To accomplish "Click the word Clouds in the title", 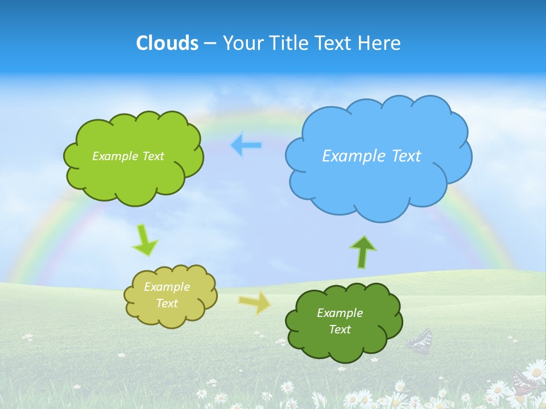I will [x=167, y=43].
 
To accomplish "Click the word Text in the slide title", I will [x=336, y=43].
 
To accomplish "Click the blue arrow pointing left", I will [x=246, y=145].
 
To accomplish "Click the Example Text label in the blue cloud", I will [x=371, y=156].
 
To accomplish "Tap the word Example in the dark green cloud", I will [x=340, y=313].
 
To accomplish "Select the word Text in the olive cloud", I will [x=167, y=303].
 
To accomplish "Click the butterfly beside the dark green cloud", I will [x=420, y=341].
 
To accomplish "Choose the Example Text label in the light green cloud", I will [x=128, y=156].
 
